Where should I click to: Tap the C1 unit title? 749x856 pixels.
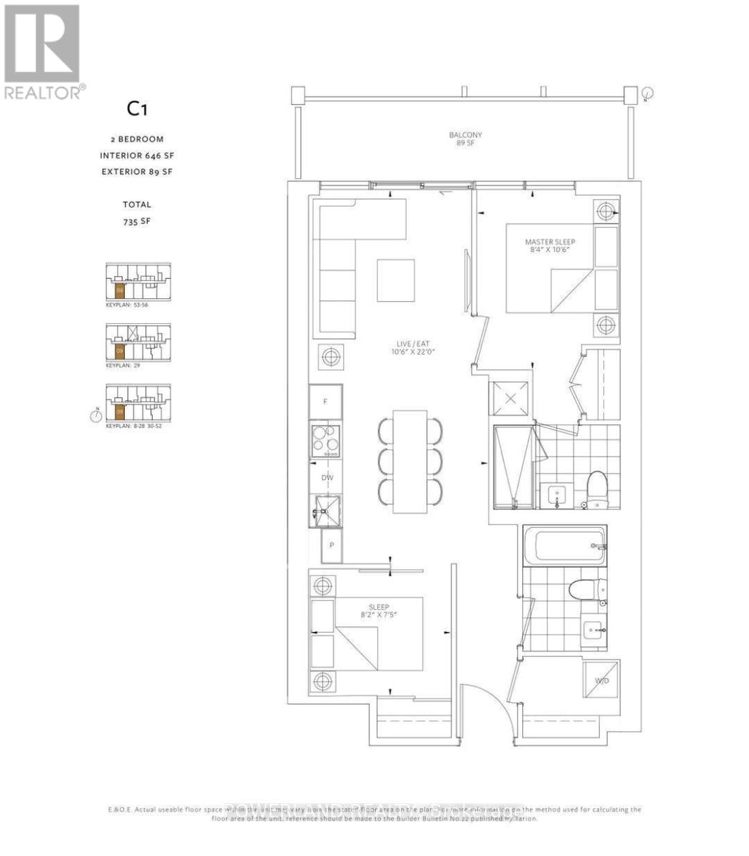(138, 109)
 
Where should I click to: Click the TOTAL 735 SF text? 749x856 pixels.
(136, 213)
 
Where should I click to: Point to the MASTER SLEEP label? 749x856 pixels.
(549, 246)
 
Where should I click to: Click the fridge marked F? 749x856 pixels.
(325, 402)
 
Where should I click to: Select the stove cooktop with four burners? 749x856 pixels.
(325, 440)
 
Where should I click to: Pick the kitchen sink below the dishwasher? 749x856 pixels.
(325, 509)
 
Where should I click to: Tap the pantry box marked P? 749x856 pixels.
(332, 548)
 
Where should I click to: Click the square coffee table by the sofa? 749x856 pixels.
(396, 280)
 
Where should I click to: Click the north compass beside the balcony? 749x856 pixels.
(647, 93)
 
